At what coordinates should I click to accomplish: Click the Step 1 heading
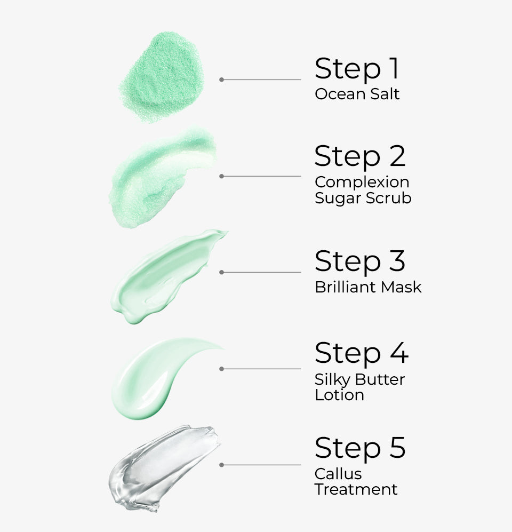click(x=357, y=69)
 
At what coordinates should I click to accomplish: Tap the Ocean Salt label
click(x=357, y=94)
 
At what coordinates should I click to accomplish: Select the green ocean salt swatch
click(x=162, y=76)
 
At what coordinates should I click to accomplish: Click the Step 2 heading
click(x=360, y=156)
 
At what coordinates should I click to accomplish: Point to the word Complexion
click(x=362, y=182)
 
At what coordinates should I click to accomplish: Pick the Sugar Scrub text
click(x=363, y=198)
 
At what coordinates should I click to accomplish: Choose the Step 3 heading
click(x=360, y=261)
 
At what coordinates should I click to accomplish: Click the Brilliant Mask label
click(x=368, y=287)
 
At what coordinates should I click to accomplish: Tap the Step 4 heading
click(x=361, y=353)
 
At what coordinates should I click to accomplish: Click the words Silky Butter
click(x=359, y=379)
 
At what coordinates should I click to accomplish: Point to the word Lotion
click(x=340, y=395)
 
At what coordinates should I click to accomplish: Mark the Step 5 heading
click(x=360, y=448)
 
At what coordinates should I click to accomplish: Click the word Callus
click(x=338, y=473)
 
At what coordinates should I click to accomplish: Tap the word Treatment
click(x=356, y=489)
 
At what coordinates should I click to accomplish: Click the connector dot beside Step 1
click(x=221, y=80)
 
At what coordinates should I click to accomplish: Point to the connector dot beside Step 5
click(x=221, y=465)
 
